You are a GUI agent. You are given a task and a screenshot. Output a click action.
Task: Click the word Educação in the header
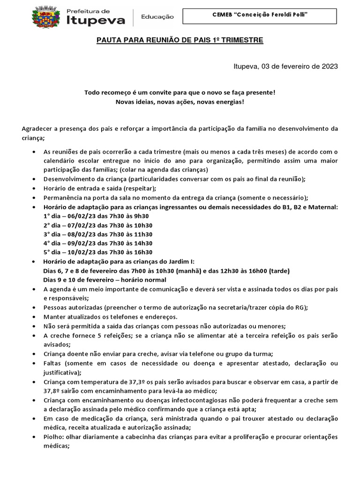tap(157, 17)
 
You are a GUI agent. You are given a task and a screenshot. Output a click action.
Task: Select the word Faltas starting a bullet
tap(53, 364)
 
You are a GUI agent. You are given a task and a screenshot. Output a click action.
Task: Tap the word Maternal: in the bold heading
tap(322, 207)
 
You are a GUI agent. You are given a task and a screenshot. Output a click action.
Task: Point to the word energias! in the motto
tap(229, 102)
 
